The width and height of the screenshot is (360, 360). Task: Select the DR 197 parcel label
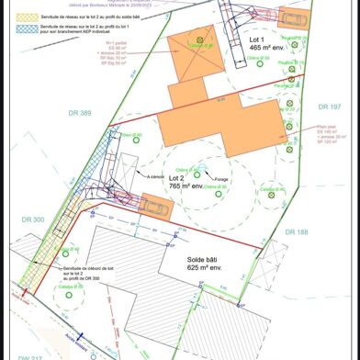point(330,107)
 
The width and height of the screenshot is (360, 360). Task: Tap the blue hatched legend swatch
point(18,29)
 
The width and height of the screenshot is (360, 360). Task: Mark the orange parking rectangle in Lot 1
point(293,18)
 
